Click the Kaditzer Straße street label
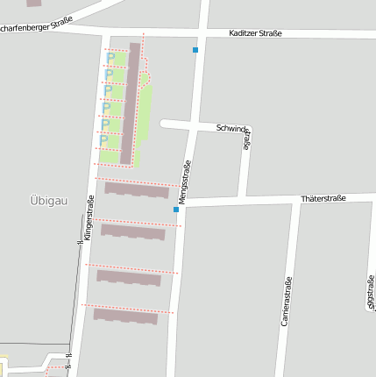tap(254, 33)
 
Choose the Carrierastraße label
tap(286, 302)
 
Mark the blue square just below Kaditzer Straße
tap(195, 50)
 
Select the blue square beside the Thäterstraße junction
tap(176, 210)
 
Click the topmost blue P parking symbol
tap(110, 59)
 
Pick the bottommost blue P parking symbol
tap(103, 139)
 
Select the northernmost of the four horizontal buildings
tap(137, 189)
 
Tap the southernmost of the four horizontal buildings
tap(125, 316)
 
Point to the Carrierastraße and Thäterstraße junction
tap(295, 201)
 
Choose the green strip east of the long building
tap(146, 110)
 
